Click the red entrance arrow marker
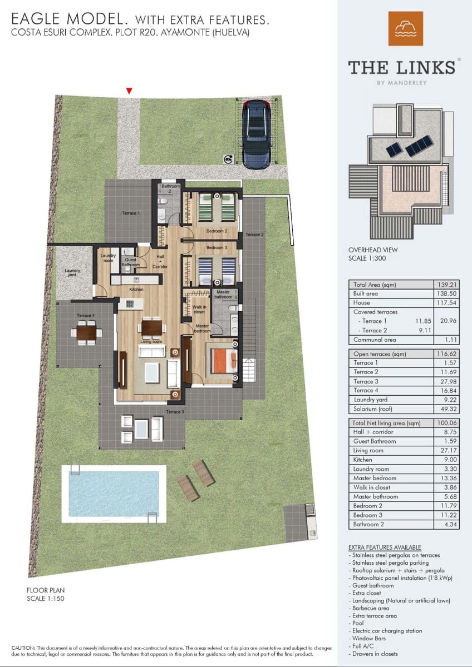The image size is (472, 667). point(129,91)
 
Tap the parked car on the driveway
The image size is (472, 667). point(257,134)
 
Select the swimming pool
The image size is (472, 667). point(113,492)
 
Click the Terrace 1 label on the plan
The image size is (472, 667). point(131,213)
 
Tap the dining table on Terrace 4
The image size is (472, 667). point(86,333)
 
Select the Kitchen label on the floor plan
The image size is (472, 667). point(136,290)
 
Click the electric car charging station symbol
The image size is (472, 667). point(228,160)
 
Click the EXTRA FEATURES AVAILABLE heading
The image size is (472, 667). point(385,547)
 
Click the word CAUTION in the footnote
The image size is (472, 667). point(23,648)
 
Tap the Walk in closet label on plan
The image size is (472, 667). point(199,310)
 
